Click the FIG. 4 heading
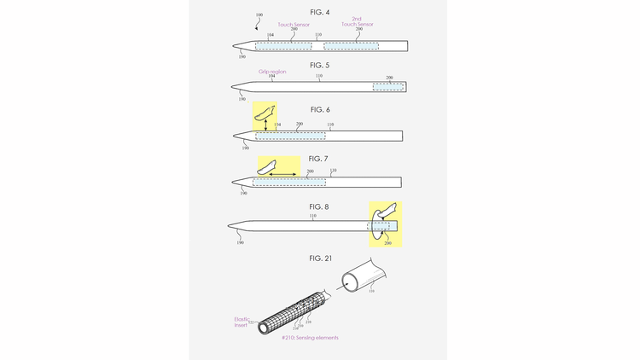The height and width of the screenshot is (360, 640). coord(320,13)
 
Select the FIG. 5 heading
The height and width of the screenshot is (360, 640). coord(320,65)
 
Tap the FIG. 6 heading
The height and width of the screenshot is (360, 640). coord(320,110)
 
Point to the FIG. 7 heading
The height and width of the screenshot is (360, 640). coord(320,159)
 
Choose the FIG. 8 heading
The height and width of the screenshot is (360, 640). coord(320,206)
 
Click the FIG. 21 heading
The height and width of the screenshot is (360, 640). coord(320,258)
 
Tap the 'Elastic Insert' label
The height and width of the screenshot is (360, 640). coord(241,322)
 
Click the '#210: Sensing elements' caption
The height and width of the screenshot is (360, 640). coord(310,338)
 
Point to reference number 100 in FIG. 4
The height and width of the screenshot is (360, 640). coord(258,15)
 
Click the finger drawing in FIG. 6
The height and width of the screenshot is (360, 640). coord(266,112)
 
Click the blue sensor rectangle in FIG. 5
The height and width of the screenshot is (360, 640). coord(387,87)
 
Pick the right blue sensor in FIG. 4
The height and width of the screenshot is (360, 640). coord(350,44)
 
